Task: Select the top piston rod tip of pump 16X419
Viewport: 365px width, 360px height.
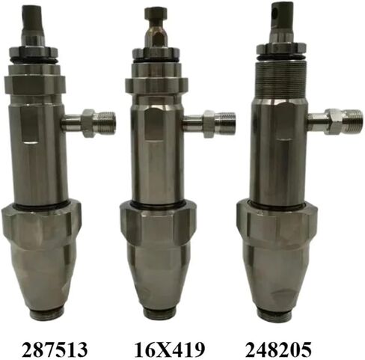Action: pyautogui.click(x=156, y=14)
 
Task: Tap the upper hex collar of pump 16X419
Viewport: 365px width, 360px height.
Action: pyautogui.click(x=156, y=82)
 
